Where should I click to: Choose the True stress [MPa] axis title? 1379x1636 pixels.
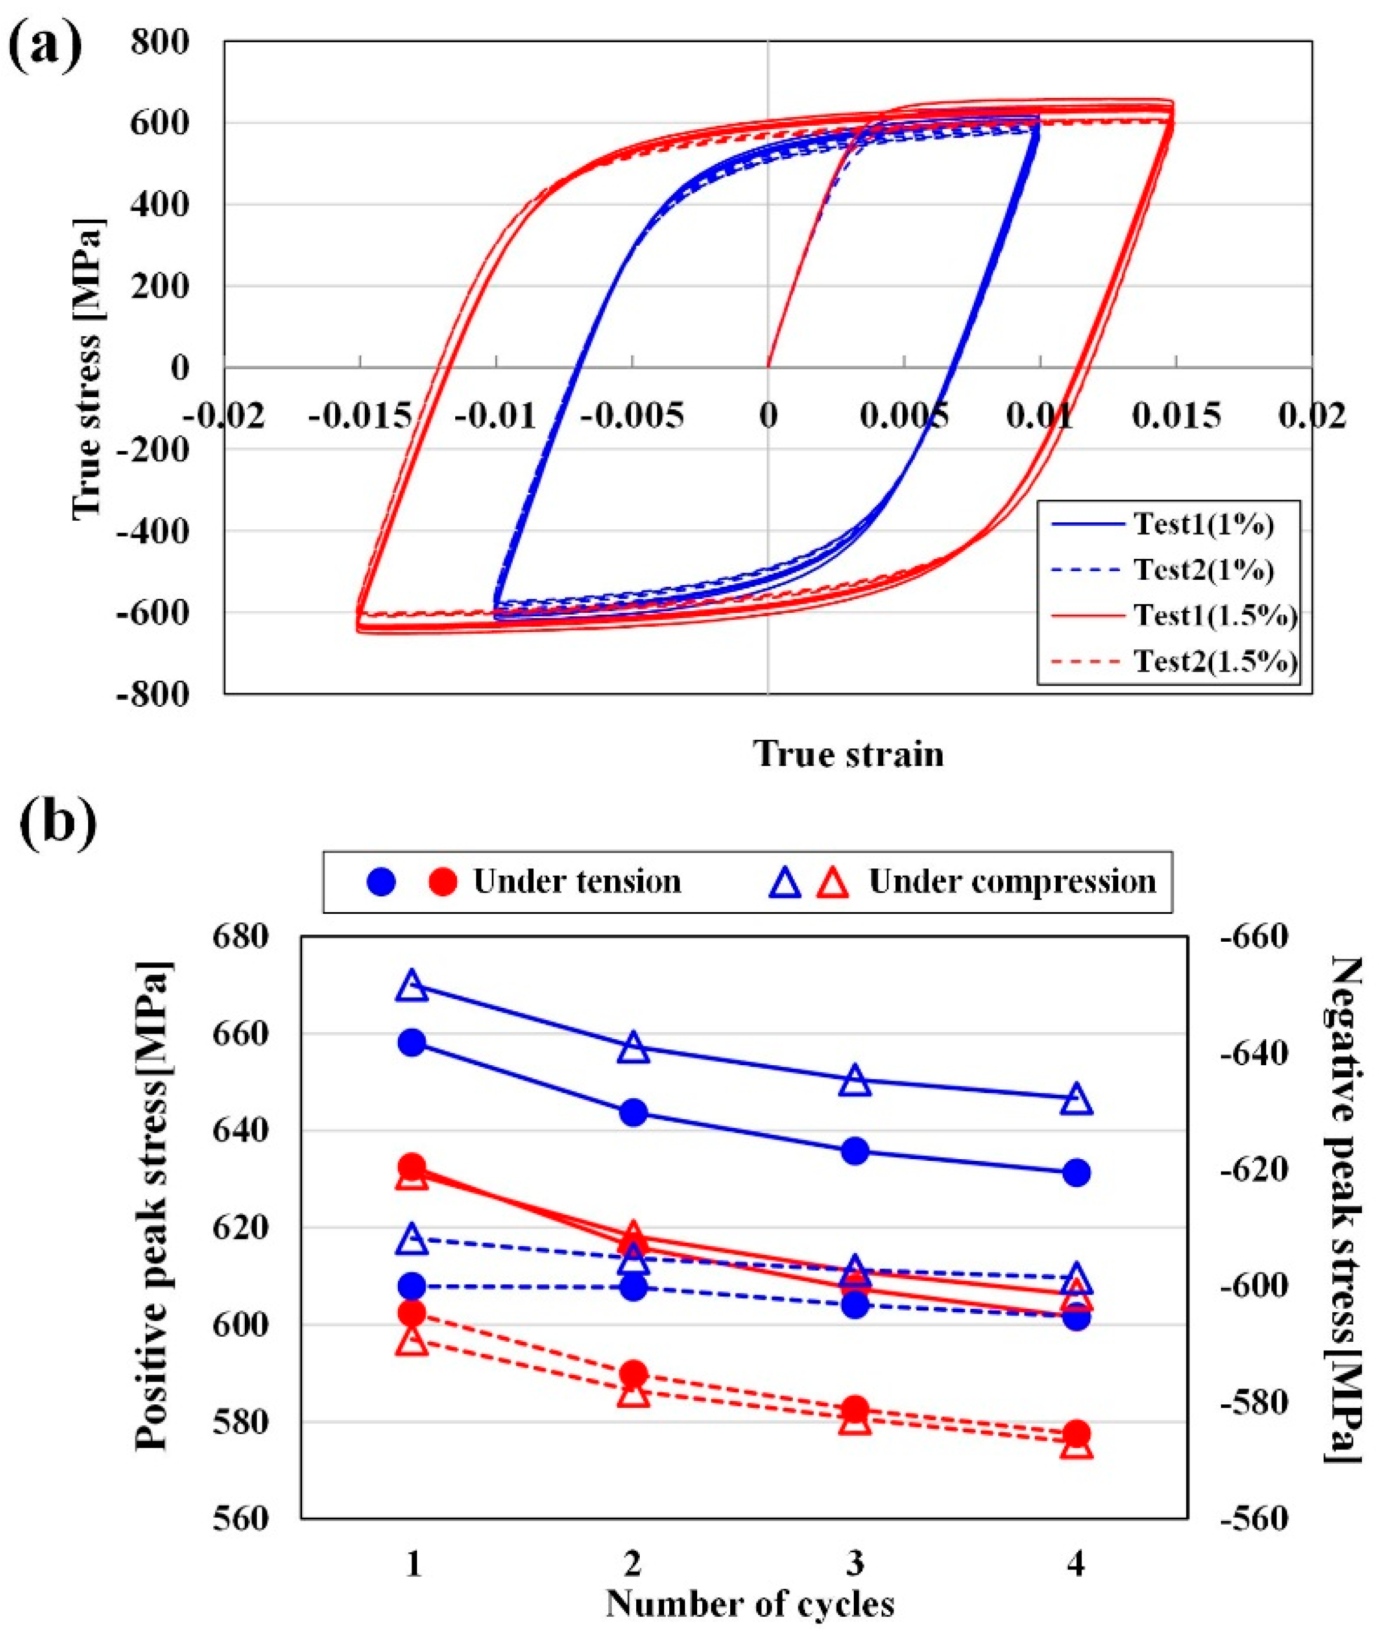(88, 368)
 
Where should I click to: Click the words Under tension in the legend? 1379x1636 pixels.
(577, 881)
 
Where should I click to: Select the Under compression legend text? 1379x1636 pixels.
(1012, 881)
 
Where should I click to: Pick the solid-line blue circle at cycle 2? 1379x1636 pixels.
(633, 1112)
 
